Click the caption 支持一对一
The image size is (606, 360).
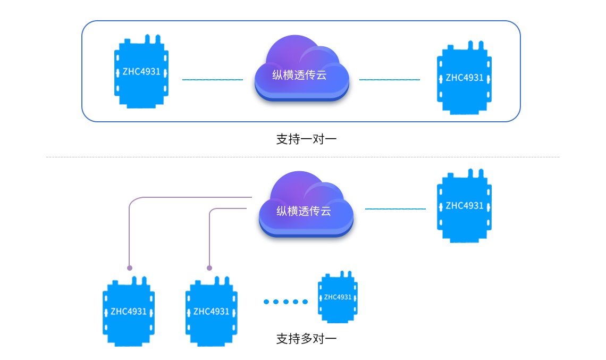[306, 140]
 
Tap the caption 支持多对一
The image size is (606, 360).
[306, 339]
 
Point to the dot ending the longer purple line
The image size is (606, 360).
[130, 268]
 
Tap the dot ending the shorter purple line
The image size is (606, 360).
[209, 268]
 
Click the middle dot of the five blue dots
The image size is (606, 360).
[286, 302]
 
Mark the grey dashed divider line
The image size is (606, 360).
[303, 157]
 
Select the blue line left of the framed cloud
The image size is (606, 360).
[213, 80]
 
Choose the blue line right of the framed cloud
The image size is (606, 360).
[390, 80]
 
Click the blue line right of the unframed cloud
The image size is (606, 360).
[395, 208]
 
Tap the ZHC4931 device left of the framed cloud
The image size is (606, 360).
[141, 72]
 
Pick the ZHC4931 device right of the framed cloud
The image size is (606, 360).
[465, 78]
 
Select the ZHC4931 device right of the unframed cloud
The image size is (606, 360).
[465, 206]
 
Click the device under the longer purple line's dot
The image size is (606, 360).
[128, 311]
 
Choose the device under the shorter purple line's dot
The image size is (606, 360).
[211, 311]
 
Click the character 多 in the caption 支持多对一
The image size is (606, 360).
[307, 339]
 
